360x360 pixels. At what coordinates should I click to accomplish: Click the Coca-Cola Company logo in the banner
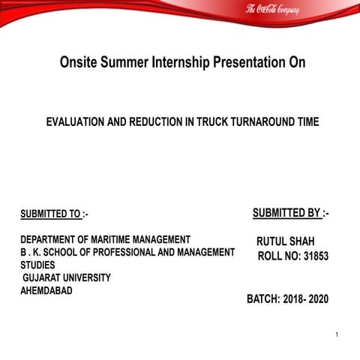click(x=272, y=10)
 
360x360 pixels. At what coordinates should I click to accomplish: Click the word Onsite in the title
click(x=80, y=62)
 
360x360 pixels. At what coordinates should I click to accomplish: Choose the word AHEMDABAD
click(x=46, y=290)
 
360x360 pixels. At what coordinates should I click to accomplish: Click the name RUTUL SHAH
click(x=286, y=241)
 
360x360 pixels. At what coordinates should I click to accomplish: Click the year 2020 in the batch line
click(x=317, y=299)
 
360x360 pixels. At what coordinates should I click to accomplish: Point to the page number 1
click(x=338, y=334)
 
